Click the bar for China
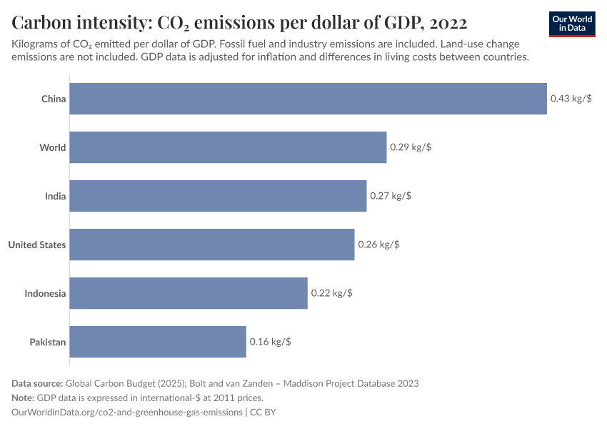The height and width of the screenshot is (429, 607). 308,99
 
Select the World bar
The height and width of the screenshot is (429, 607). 228,147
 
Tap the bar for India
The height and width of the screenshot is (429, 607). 218,196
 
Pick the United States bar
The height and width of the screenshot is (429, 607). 212,245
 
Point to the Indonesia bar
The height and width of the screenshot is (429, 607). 189,293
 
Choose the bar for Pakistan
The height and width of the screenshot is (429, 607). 158,342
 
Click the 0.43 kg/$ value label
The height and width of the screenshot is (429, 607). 571,99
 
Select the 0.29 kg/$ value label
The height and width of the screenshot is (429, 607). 411,147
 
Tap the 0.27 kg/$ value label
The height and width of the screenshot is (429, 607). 391,196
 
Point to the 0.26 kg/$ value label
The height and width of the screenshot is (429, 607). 378,245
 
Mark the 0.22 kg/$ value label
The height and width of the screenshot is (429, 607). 331,293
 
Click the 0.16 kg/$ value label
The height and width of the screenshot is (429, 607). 270,342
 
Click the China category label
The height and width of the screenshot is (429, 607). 54,99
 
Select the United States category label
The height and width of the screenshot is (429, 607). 37,245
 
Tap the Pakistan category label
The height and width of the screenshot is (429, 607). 48,342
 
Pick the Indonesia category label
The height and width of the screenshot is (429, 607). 45,293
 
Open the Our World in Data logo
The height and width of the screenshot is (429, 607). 572,23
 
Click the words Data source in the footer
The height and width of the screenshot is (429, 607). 38,383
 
